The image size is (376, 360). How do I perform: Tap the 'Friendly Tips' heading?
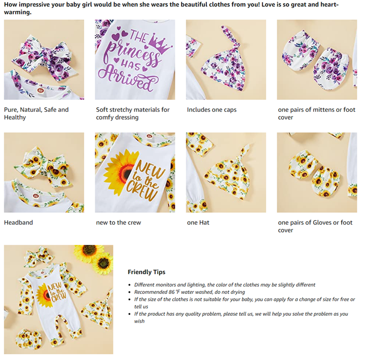[x=146, y=272]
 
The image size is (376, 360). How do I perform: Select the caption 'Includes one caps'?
[x=212, y=110]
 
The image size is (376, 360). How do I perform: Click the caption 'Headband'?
[x=19, y=222]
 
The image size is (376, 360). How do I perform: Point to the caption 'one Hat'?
[x=198, y=222]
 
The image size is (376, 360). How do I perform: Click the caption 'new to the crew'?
[x=119, y=222]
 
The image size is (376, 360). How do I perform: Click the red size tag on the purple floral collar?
[x=40, y=91]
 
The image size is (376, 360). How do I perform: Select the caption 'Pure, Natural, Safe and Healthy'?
[x=36, y=113]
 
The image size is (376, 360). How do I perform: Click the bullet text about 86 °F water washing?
[x=189, y=292]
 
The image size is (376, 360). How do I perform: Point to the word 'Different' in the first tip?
[x=144, y=285]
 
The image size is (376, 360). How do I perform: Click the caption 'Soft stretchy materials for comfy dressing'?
[x=133, y=113]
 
